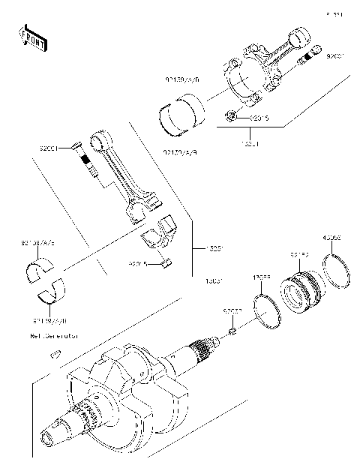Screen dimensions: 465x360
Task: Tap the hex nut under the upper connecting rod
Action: pyautogui.click(x=232, y=116)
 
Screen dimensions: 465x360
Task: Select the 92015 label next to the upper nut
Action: pyautogui.click(x=259, y=117)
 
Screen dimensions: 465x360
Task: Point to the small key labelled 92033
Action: pyautogui.click(x=232, y=331)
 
